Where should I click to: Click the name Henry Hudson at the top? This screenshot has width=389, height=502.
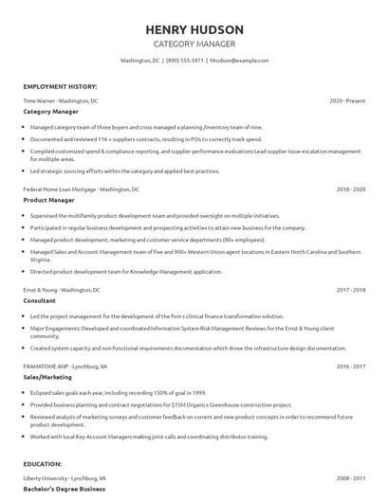[194, 29]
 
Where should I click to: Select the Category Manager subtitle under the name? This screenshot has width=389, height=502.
[194, 44]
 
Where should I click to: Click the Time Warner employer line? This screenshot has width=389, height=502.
[60, 100]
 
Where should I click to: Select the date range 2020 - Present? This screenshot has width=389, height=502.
[347, 100]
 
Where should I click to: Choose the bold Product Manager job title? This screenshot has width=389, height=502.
[49, 200]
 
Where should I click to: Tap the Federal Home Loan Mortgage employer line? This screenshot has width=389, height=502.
[81, 189]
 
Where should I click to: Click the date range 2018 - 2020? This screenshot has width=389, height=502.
[350, 189]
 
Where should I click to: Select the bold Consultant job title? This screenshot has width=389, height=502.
[41, 300]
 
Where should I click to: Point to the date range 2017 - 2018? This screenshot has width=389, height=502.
[350, 289]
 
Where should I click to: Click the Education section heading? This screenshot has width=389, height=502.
[45, 465]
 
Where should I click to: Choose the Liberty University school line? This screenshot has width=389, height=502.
[65, 479]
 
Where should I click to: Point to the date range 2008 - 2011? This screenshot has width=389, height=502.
[350, 479]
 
